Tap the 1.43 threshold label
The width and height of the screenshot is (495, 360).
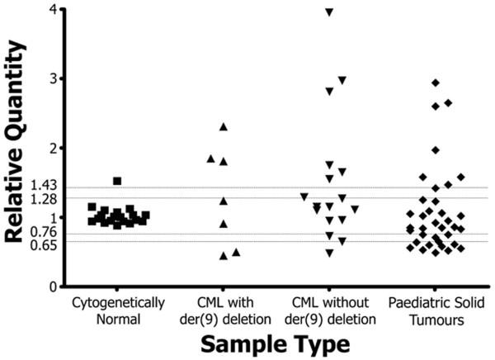tap(42, 187)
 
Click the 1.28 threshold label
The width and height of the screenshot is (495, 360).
tap(42, 199)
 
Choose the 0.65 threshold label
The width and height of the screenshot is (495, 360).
tap(42, 245)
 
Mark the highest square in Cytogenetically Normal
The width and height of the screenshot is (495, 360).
tap(118, 181)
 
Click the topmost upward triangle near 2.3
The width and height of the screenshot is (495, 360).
tap(223, 126)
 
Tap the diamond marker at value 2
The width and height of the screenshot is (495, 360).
tap(436, 149)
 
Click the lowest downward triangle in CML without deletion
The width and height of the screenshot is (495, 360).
tap(329, 253)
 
